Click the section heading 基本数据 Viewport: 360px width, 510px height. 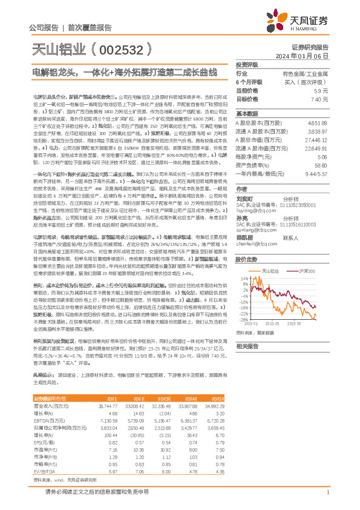pos(247,113)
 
